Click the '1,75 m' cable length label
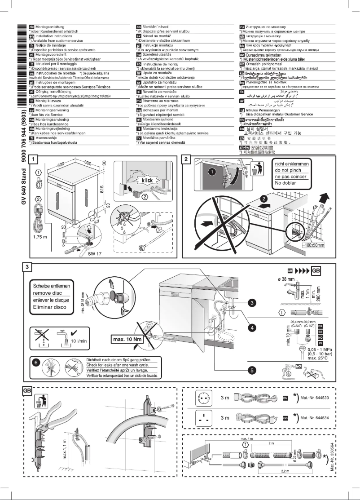(x=40, y=236)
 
